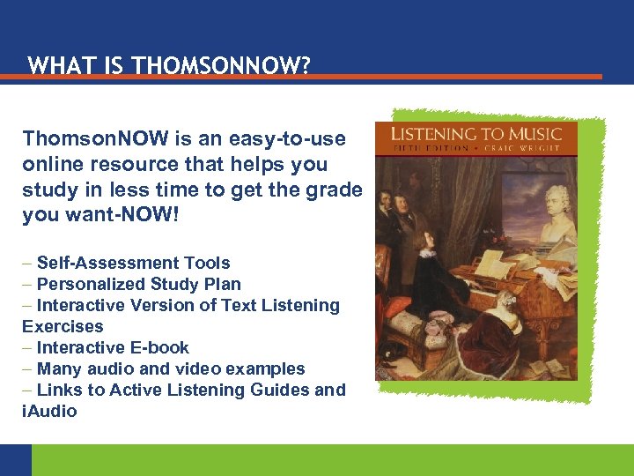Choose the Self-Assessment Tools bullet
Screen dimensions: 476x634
(x=133, y=263)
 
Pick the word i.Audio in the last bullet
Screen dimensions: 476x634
(x=49, y=411)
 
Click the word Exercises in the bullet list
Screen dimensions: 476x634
(x=63, y=326)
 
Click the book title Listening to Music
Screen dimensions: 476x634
(x=476, y=134)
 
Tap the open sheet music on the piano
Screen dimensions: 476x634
(x=493, y=264)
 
